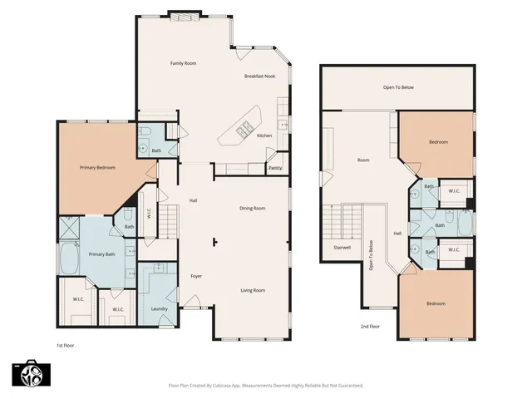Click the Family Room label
[183, 63]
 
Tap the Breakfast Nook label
[259, 76]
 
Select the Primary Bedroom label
[97, 168]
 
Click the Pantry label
[274, 168]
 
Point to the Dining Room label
[252, 208]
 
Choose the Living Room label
[253, 290]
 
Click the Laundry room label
[160, 309]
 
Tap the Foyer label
[196, 276]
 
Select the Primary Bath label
[102, 254]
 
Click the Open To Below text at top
[399, 86]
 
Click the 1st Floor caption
[66, 344]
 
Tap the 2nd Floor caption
[371, 327]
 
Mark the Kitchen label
[264, 135]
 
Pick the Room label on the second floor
[363, 160]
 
